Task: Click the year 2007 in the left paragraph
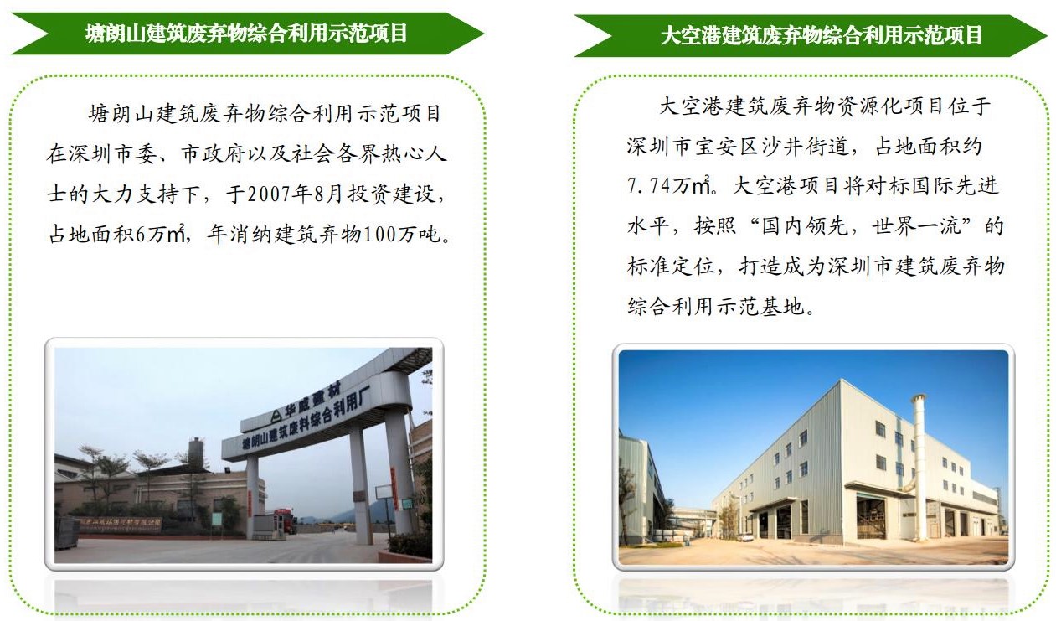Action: tap(267, 194)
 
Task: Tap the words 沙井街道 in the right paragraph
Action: tap(805, 146)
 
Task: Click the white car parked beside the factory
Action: tap(744, 536)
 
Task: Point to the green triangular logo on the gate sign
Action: tap(276, 416)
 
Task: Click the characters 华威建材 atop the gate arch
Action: tap(312, 403)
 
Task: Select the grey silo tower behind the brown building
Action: tap(196, 453)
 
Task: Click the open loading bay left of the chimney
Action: tap(871, 517)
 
